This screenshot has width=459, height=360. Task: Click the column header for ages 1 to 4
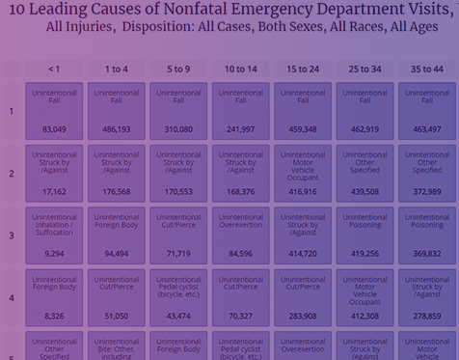tap(116, 69)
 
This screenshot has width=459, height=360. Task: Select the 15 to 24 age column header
tap(303, 69)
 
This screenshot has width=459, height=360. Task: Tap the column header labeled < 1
tap(54, 69)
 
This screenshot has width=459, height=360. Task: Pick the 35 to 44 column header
tap(427, 69)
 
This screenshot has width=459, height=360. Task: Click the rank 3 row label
tap(12, 235)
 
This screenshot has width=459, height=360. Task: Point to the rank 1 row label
tap(12, 111)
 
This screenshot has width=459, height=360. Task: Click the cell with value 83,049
tap(54, 111)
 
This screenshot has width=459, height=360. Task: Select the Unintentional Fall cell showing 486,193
tap(116, 111)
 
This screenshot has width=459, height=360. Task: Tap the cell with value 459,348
tap(303, 111)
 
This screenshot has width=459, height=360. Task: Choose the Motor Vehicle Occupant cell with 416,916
tap(303, 174)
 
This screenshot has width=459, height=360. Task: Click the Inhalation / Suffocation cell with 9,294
tap(54, 235)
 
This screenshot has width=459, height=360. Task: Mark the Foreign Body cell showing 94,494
tap(116, 235)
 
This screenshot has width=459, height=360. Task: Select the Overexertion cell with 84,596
tap(240, 235)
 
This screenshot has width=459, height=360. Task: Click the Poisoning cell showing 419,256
tap(364, 235)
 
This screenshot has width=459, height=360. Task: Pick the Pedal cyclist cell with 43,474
tap(178, 297)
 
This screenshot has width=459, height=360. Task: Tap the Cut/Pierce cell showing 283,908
tap(303, 297)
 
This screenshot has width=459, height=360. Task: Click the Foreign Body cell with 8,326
tap(54, 297)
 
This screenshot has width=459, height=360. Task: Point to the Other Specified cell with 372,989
tap(427, 174)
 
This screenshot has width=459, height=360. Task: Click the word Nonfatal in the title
tap(186, 11)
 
